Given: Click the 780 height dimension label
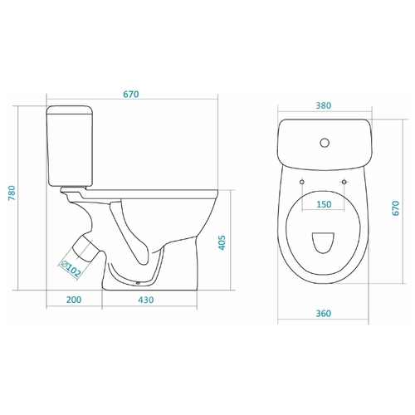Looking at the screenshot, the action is (x=12, y=193).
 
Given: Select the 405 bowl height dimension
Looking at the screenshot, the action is (x=222, y=243).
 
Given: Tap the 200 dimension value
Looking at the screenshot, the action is (x=74, y=300).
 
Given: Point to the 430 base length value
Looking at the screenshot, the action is (x=145, y=300).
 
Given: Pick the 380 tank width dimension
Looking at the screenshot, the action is (x=324, y=105).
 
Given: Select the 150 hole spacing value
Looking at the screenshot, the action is (x=324, y=204).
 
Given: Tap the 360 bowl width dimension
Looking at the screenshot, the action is (x=324, y=314).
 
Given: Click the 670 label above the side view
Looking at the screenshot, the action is (x=131, y=95).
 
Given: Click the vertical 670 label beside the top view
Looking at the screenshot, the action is (x=396, y=208).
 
